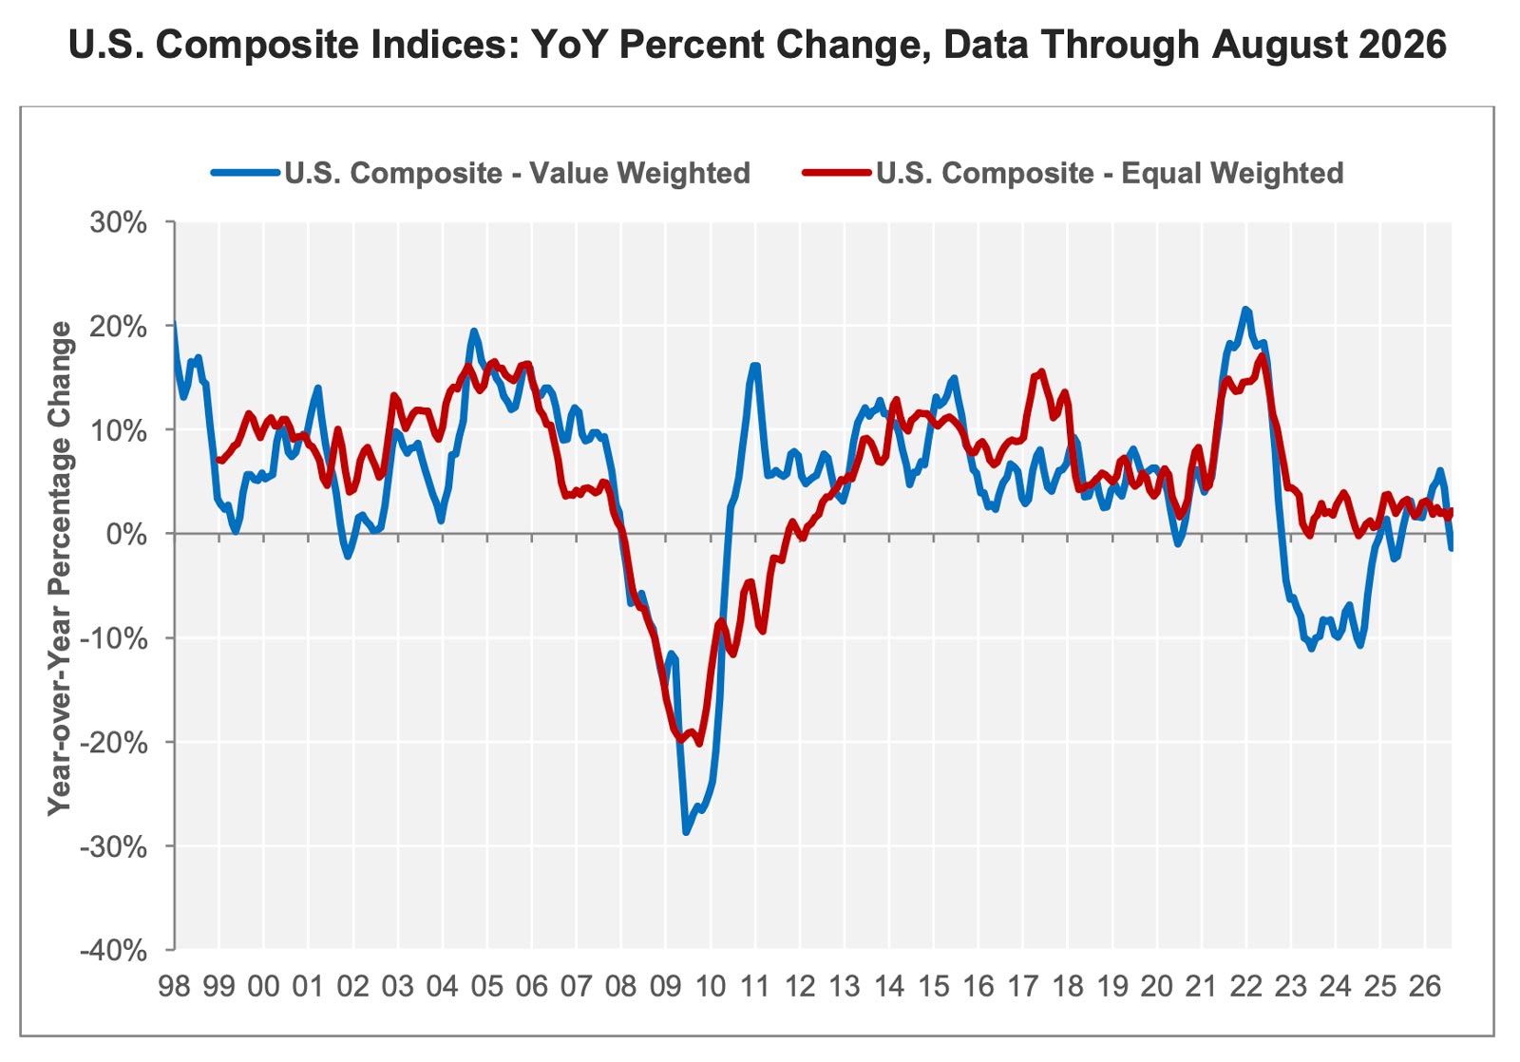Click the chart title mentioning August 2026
tap(758, 45)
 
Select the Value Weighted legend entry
tap(481, 173)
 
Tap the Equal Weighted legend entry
tap(1073, 173)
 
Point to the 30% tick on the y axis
tap(118, 222)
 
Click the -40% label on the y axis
tap(113, 950)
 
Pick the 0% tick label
tap(126, 534)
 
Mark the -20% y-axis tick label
tap(113, 743)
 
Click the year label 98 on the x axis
tap(175, 987)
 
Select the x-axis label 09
tap(666, 987)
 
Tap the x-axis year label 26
tap(1425, 987)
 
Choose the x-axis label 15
tap(934, 987)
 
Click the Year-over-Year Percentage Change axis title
tap(60, 569)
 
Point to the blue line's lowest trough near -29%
tap(685, 832)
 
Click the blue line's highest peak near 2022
tap(1245, 310)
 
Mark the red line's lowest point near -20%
tap(699, 744)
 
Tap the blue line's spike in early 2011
tap(755, 366)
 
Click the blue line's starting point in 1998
tap(175, 323)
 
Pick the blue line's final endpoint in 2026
tap(1451, 548)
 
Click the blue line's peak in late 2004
tap(474, 332)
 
